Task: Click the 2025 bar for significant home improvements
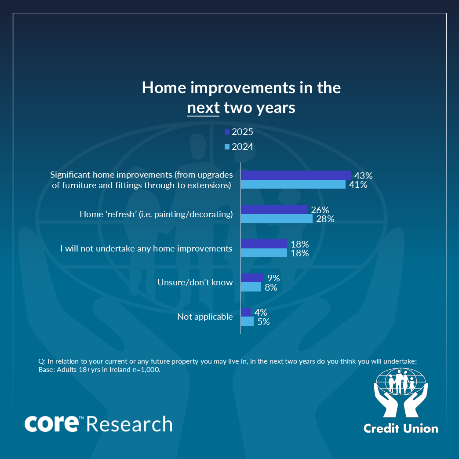(295, 175)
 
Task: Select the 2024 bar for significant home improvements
(293, 184)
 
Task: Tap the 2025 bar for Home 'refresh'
(274, 210)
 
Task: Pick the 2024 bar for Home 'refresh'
(277, 219)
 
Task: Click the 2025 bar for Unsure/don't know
(252, 278)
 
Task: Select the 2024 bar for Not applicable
(247, 321)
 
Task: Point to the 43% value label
(363, 175)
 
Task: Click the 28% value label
(325, 219)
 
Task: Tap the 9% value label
(273, 278)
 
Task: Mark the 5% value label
(263, 322)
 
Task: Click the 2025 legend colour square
(227, 132)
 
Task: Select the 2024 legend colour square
(227, 147)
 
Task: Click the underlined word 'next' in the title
(203, 108)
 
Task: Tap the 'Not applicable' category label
(205, 317)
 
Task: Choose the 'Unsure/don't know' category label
(195, 283)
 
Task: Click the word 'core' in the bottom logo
(51, 423)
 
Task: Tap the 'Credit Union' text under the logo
(401, 429)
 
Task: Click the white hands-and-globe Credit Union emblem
(401, 393)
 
